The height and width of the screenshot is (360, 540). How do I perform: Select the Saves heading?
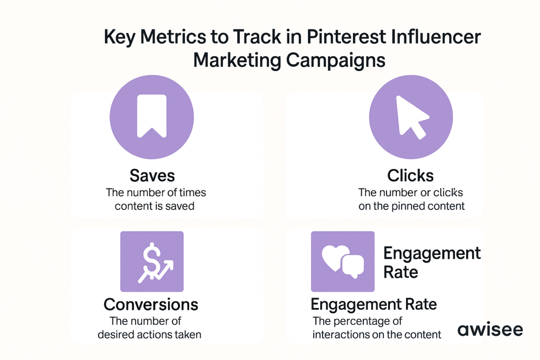click(x=152, y=176)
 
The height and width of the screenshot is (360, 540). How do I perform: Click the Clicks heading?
click(x=410, y=176)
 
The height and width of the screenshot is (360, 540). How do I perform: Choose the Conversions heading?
click(x=151, y=304)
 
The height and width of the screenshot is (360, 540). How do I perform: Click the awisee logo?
click(x=490, y=330)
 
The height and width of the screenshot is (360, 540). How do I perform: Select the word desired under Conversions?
click(x=116, y=334)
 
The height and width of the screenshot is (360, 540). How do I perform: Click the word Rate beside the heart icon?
click(x=401, y=272)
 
